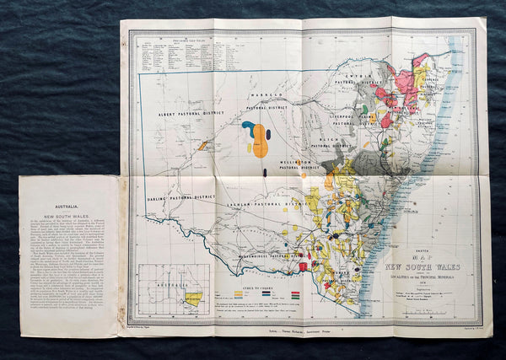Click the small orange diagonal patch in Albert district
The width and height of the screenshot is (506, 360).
coord(203,145)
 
